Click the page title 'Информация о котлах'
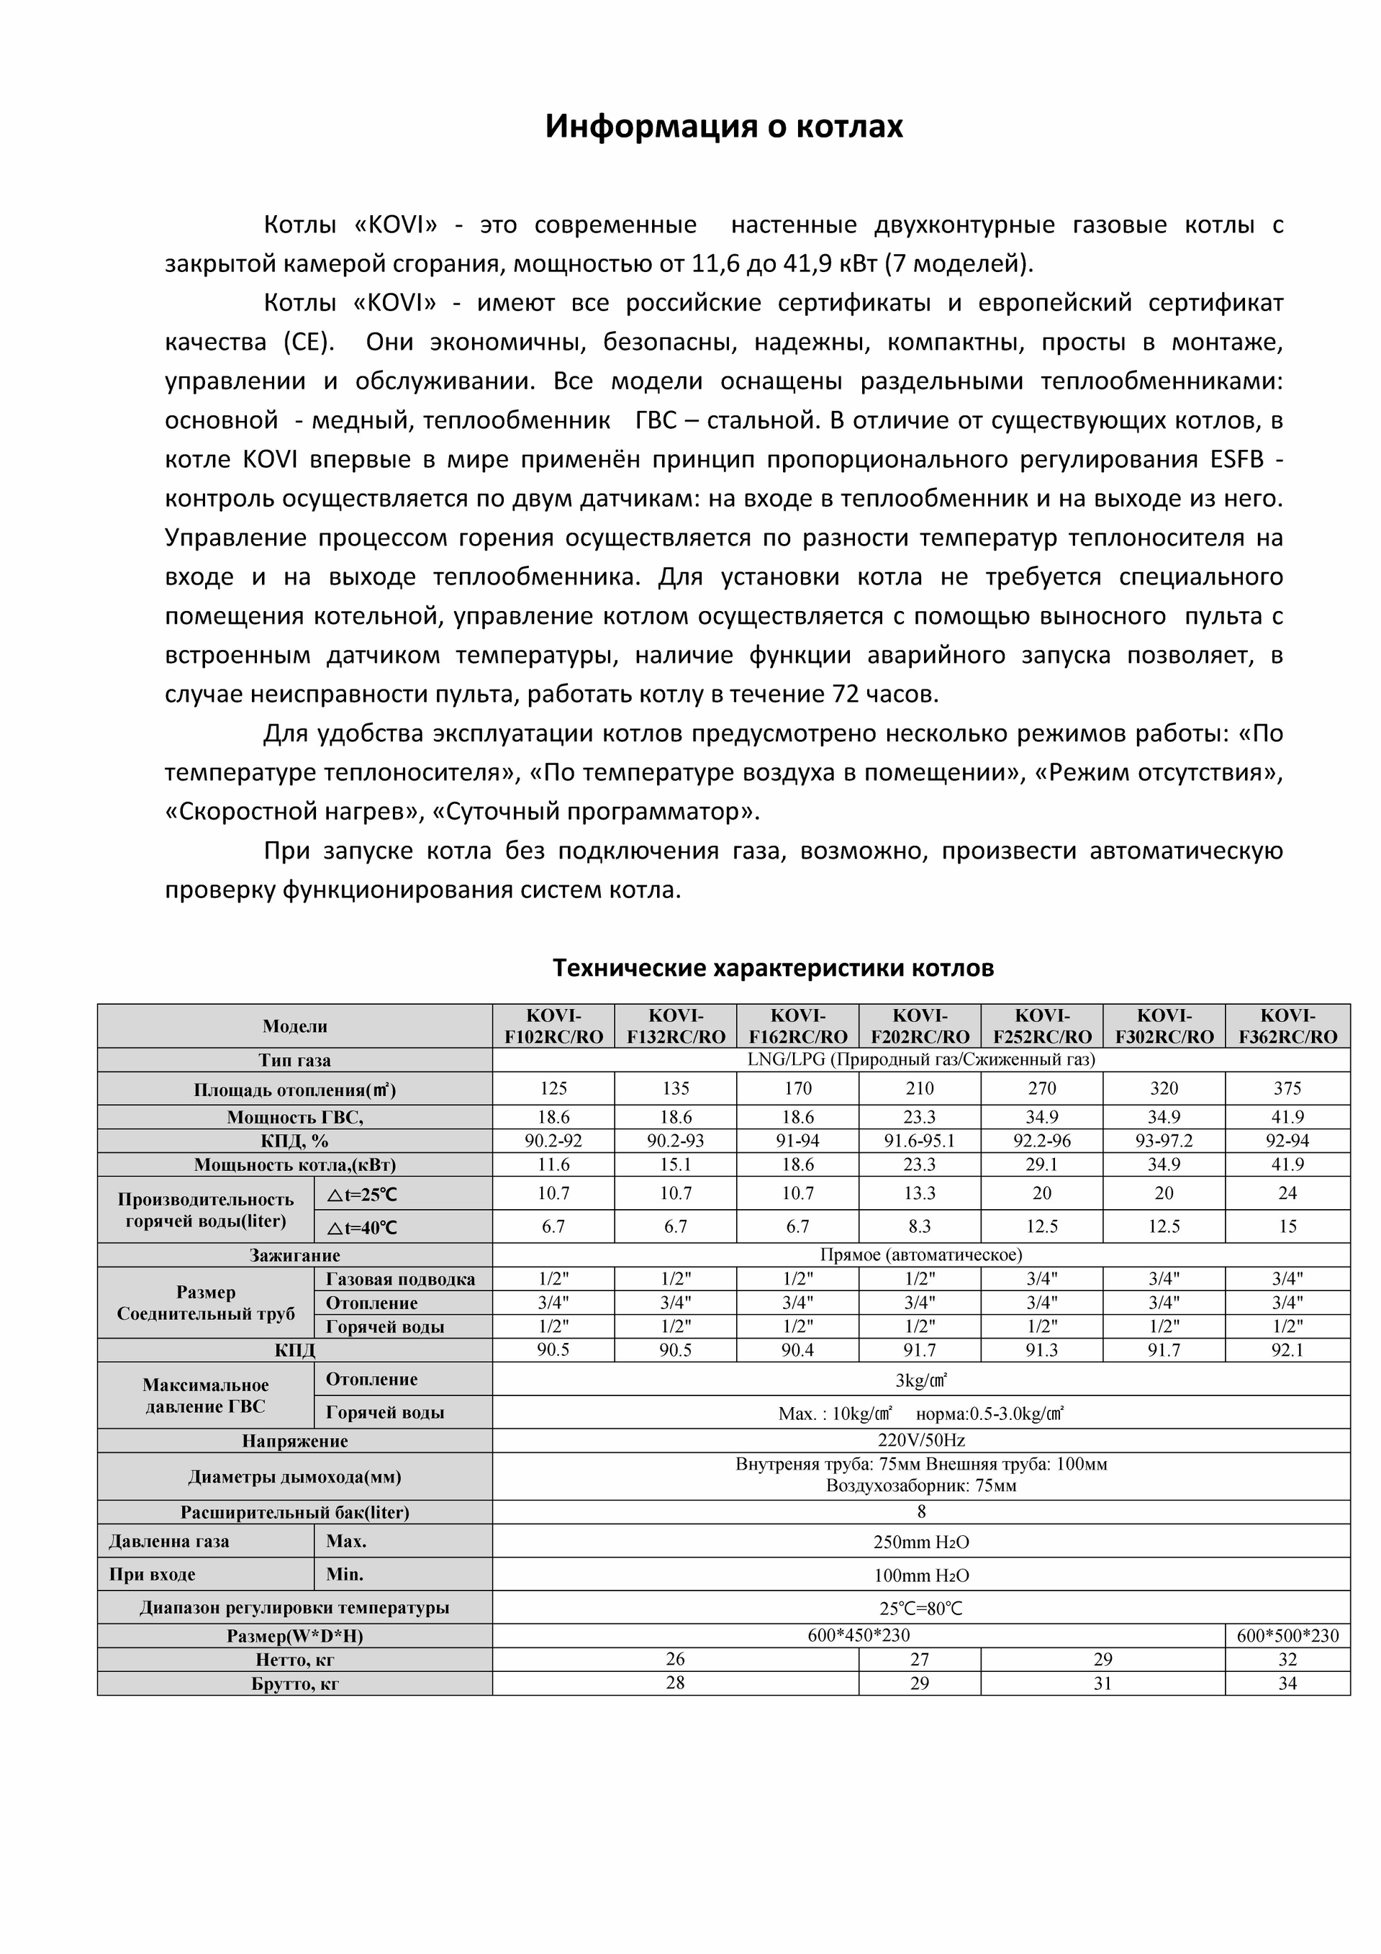tap(723, 127)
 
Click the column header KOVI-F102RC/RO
tap(553, 1026)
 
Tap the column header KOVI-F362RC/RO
tap(1287, 1026)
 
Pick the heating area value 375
tap(1287, 1088)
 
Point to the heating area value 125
tap(553, 1088)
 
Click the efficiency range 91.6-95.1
tap(919, 1141)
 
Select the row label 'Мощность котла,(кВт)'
tap(294, 1164)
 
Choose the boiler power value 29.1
tap(1041, 1164)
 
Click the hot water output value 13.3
tap(919, 1193)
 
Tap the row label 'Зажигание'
tap(294, 1255)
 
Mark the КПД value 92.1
tap(1287, 1349)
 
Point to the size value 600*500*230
tap(1287, 1635)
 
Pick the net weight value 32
tap(1287, 1659)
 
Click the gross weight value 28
tap(675, 1683)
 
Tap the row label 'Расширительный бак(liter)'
tap(294, 1512)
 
